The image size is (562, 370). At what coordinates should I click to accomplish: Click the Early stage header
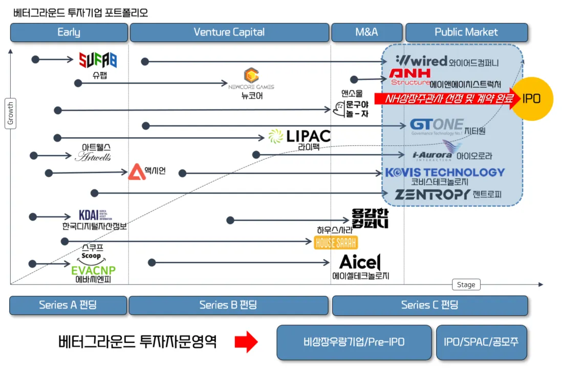[69, 32]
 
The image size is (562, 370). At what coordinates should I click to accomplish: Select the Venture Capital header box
[229, 32]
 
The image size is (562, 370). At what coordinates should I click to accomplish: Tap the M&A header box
[366, 32]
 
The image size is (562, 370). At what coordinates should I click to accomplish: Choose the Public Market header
[466, 32]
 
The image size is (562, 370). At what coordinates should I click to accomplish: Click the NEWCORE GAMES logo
[251, 79]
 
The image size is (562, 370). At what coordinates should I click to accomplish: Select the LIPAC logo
[300, 136]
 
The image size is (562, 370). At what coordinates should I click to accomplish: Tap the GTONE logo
[437, 125]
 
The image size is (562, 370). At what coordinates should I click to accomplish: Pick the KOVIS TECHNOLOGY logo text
[445, 172]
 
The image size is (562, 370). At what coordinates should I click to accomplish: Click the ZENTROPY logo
[433, 194]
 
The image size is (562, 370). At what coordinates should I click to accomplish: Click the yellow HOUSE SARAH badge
[336, 243]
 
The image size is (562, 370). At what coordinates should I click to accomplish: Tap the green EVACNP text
[94, 270]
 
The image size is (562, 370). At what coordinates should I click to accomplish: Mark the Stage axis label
[466, 285]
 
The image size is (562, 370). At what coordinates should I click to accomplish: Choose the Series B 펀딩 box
[228, 306]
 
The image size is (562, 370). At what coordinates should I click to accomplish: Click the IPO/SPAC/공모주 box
[482, 342]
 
